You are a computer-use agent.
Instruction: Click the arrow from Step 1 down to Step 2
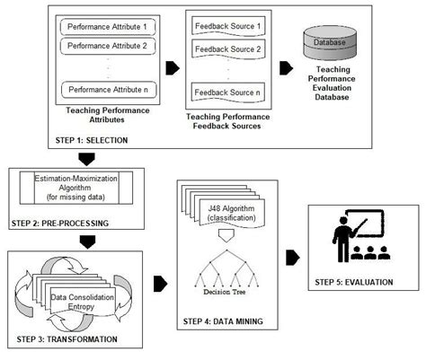coord(86,160)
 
